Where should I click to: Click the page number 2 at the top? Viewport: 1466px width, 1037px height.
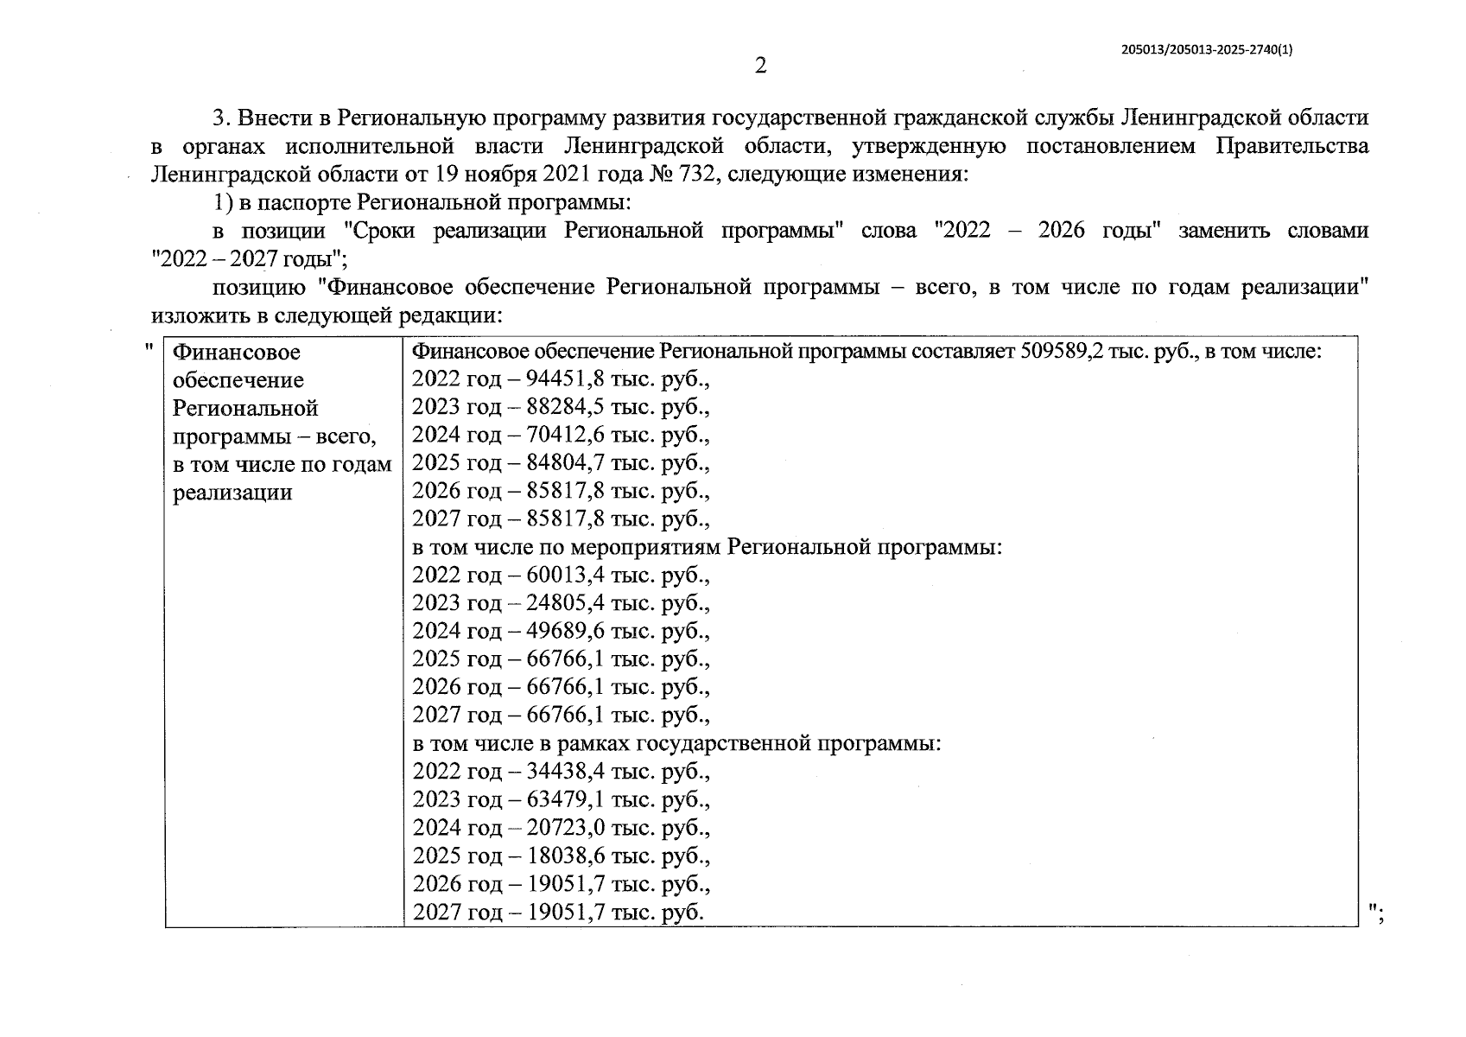[x=760, y=66]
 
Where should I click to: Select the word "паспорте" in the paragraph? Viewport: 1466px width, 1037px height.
[x=309, y=203]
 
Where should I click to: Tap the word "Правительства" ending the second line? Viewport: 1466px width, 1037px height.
[x=1292, y=146]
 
